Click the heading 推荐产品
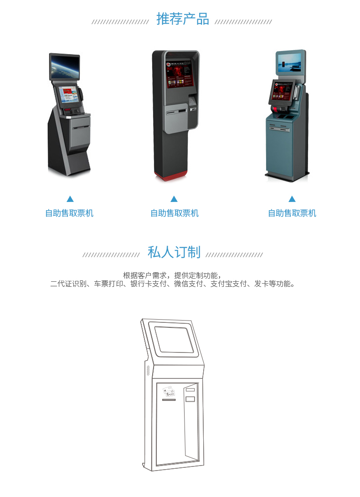click(183, 19)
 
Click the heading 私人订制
click(174, 252)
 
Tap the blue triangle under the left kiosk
click(70, 199)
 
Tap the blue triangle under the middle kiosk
click(174, 199)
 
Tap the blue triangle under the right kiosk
click(292, 199)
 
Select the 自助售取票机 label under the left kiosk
click(69, 213)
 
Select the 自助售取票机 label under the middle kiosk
click(175, 213)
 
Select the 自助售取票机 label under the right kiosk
click(292, 213)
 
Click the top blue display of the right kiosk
click(289, 63)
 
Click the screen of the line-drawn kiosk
click(174, 340)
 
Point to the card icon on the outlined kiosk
click(169, 392)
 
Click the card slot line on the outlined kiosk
click(169, 400)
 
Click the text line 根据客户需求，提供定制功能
click(172, 275)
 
